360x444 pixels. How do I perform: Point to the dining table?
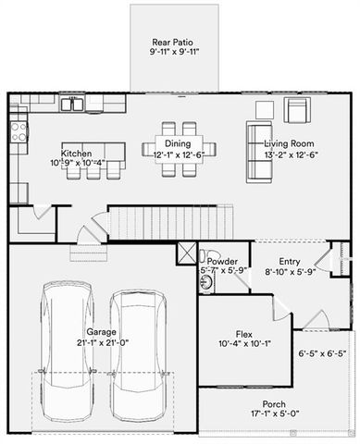tap(179, 147)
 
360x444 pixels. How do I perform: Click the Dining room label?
tap(179, 143)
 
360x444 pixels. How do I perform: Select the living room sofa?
tap(257, 153)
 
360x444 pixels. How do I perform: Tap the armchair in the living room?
tap(296, 111)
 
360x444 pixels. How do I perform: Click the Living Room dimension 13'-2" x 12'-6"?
tap(289, 155)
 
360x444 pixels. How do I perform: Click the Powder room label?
tap(222, 261)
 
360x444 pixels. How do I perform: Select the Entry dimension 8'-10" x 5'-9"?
tap(290, 272)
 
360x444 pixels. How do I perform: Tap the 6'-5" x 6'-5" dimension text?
tap(322, 352)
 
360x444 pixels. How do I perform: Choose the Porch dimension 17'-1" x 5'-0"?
tap(274, 415)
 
